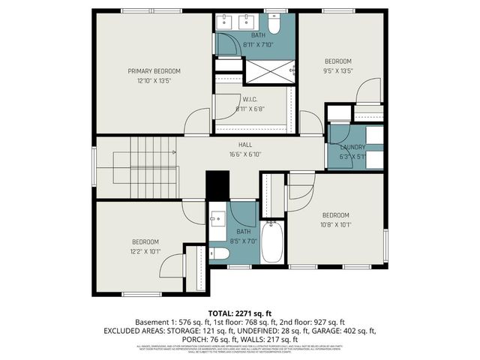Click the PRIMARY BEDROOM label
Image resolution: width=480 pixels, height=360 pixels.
pyautogui.click(x=154, y=71)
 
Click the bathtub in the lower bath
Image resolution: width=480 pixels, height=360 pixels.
pyautogui.click(x=272, y=241)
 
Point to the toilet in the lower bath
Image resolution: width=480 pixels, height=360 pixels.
pyautogui.click(x=219, y=253)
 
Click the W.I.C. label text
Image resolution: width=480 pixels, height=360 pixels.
pyautogui.click(x=250, y=99)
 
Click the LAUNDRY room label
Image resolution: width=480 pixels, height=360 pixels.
pyautogui.click(x=352, y=148)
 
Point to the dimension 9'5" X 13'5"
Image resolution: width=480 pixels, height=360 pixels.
pyautogui.click(x=337, y=71)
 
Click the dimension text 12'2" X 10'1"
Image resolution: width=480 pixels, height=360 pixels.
pyautogui.click(x=145, y=251)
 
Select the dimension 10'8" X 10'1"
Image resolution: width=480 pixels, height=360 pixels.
pyautogui.click(x=337, y=223)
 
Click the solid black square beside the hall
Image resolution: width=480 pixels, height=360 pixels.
pyautogui.click(x=217, y=185)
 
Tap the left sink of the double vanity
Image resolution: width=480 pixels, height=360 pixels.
pyautogui.click(x=226, y=22)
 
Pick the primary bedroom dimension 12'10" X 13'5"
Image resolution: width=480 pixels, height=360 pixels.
pyautogui.click(x=154, y=80)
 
